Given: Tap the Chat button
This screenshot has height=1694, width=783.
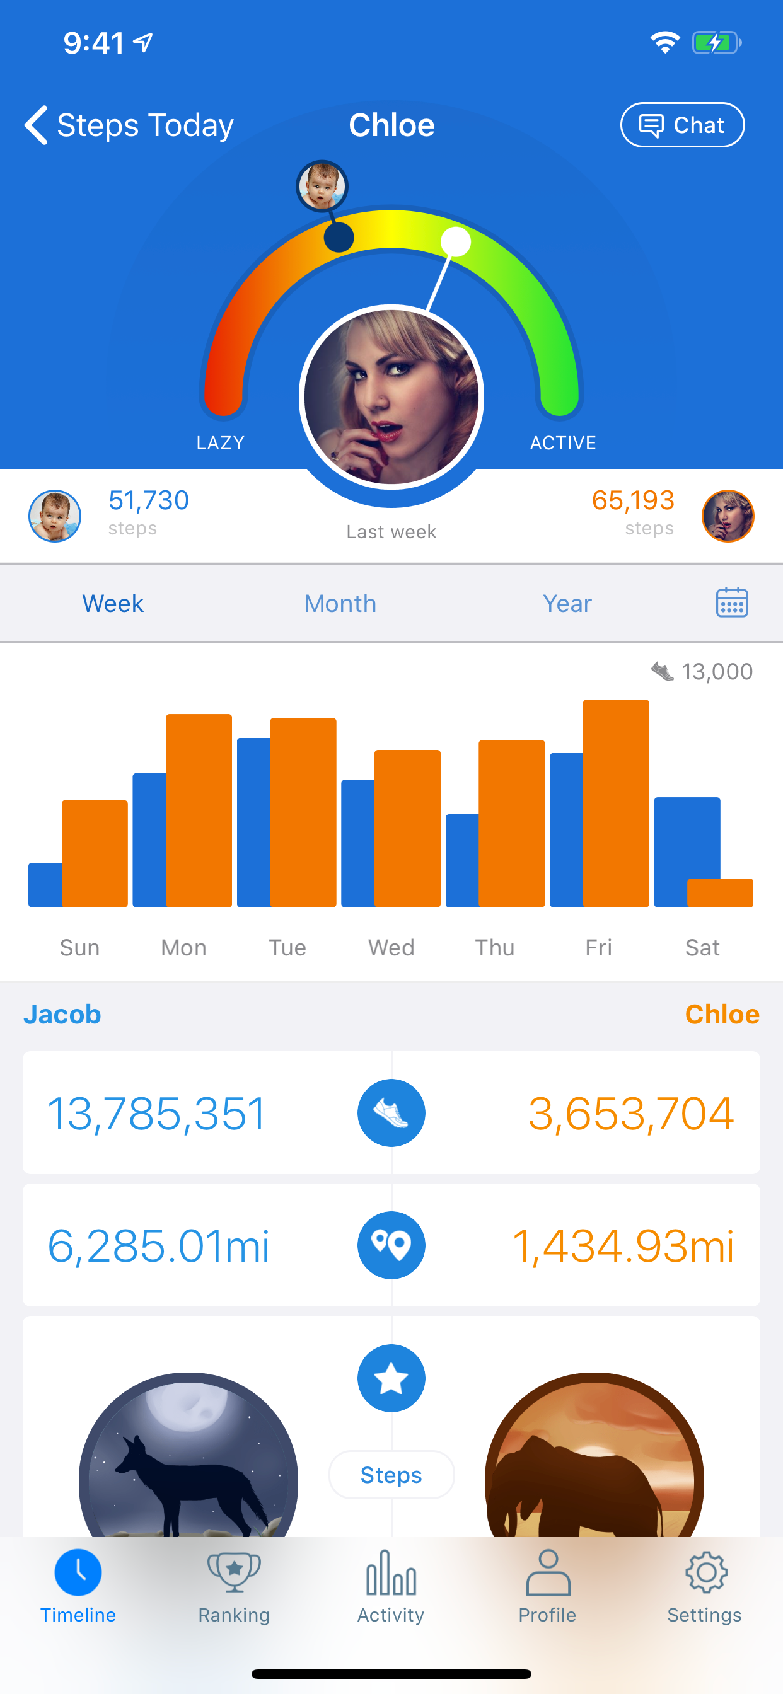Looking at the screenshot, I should pyautogui.click(x=682, y=125).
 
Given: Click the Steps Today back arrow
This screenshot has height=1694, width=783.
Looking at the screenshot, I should pyautogui.click(x=37, y=125).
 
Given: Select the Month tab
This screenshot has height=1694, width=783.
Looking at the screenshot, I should pyautogui.click(x=340, y=603).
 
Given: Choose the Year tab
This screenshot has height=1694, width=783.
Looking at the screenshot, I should pyautogui.click(x=567, y=603).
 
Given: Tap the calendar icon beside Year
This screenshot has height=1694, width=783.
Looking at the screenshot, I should pyautogui.click(x=732, y=602).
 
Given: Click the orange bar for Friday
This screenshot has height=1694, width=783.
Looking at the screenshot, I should pyautogui.click(x=616, y=804).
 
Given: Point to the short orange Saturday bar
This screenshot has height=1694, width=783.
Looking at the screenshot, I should pyautogui.click(x=720, y=892).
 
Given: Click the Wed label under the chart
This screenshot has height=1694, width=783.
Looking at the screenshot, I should pyautogui.click(x=391, y=948).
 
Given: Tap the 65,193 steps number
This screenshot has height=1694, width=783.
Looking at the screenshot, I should pyautogui.click(x=633, y=500).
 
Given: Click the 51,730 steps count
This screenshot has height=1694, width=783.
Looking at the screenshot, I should pyautogui.click(x=149, y=500).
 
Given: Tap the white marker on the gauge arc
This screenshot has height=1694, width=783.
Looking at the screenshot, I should pyautogui.click(x=455, y=241).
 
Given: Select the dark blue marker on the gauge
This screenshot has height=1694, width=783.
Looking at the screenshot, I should pyautogui.click(x=339, y=237).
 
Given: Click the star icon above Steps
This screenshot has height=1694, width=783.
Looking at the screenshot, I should pyautogui.click(x=391, y=1378).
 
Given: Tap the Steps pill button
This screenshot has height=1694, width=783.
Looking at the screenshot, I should pyautogui.click(x=391, y=1475).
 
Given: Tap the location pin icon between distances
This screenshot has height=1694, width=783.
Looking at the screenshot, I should pyautogui.click(x=391, y=1245).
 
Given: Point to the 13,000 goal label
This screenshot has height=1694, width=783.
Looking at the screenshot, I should pyautogui.click(x=716, y=671).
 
